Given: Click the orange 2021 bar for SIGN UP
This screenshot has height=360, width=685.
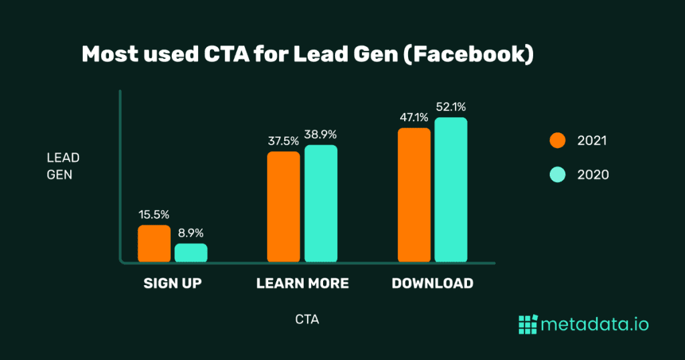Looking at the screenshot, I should [154, 244].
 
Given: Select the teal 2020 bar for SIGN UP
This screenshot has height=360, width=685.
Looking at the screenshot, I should [191, 252].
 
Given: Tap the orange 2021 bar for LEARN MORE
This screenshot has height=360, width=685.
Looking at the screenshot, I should [284, 207].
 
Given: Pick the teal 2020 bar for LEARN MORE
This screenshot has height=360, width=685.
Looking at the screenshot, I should [321, 203].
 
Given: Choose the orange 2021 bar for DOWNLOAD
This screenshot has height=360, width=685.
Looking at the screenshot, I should [414, 195].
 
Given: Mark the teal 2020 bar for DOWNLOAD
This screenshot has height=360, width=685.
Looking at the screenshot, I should [451, 189].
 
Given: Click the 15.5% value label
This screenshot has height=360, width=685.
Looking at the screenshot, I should [154, 215].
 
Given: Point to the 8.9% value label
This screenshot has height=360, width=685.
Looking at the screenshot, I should [191, 234].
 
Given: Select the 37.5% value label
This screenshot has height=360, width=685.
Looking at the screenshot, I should [283, 141].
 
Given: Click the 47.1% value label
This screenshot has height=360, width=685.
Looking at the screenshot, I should [413, 118].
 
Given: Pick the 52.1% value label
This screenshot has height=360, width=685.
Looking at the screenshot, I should [451, 107].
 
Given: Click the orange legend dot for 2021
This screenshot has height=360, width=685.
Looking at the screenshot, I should [557, 141].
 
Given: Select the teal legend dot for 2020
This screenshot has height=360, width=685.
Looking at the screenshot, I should [557, 175].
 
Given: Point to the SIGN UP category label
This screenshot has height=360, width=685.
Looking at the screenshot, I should [173, 283].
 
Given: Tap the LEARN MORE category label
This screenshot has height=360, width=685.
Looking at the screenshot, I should [302, 283].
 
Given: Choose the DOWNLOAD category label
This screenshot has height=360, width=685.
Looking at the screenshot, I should [432, 283].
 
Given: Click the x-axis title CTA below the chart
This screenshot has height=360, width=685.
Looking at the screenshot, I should [307, 320].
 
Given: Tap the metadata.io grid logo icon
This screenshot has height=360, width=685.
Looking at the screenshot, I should [528, 325].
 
